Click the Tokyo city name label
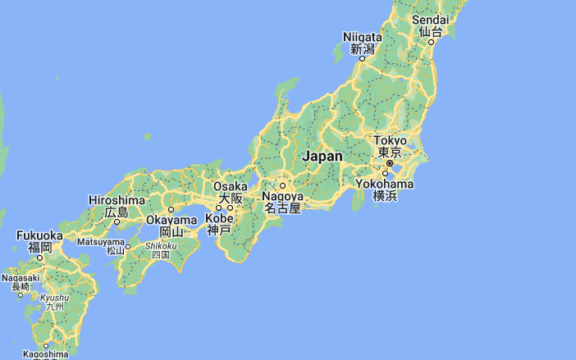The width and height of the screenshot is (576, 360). click(x=390, y=141)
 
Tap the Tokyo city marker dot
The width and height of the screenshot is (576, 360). click(x=390, y=163)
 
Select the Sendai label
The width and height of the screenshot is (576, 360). click(x=431, y=20)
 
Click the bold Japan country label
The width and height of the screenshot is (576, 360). click(x=322, y=156)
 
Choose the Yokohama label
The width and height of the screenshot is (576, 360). click(x=385, y=184)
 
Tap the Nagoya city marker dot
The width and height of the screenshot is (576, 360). click(x=282, y=185)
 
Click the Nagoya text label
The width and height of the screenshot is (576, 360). click(x=282, y=197)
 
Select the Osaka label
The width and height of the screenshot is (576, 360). click(x=230, y=186)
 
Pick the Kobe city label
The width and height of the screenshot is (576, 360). click(x=219, y=219)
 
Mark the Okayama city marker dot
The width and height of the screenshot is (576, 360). click(x=171, y=209)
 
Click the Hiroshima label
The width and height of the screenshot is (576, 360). click(x=117, y=200)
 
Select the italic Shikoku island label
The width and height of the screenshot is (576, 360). click(x=161, y=245)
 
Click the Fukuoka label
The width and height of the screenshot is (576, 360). click(x=39, y=235)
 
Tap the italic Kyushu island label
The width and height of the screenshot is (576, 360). click(x=54, y=297)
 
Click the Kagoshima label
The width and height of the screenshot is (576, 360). click(x=45, y=354)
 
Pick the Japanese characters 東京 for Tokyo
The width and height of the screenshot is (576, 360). click(x=390, y=153)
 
